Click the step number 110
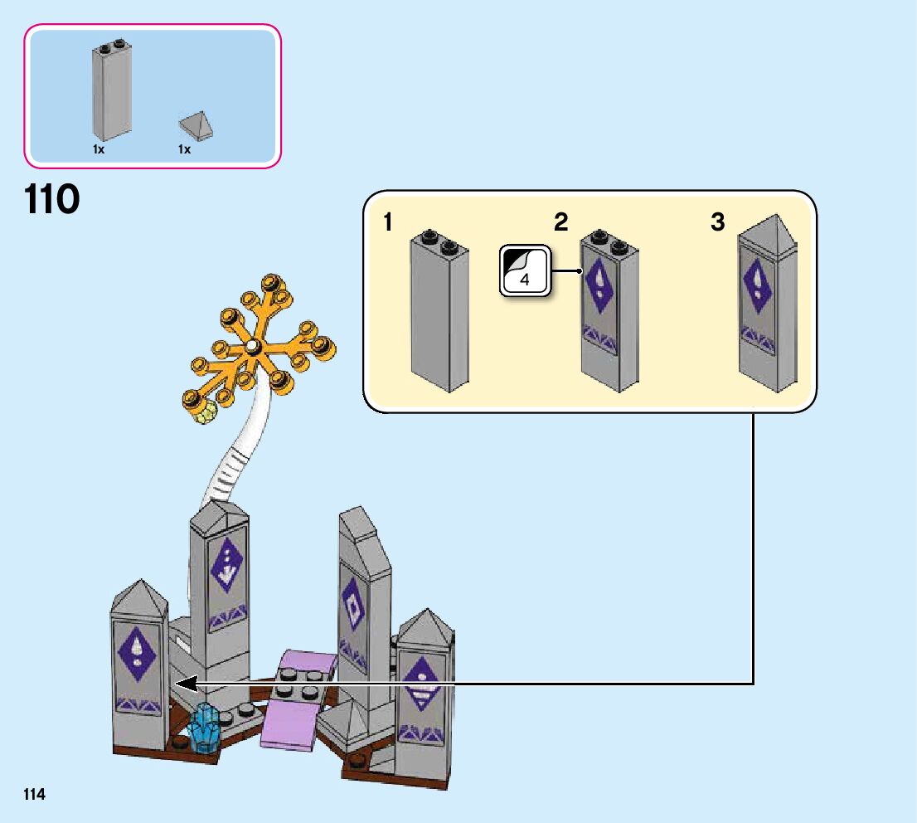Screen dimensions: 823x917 click(x=52, y=200)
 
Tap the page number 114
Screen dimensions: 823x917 click(x=34, y=795)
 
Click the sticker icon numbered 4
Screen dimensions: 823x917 click(x=524, y=270)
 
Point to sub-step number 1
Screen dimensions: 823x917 click(x=388, y=222)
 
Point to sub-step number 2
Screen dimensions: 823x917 click(x=561, y=222)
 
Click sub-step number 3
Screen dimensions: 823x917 click(x=718, y=222)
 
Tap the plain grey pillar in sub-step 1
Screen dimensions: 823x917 click(x=439, y=315)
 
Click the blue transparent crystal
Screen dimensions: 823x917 click(x=204, y=728)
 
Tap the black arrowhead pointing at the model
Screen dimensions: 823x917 click(x=184, y=684)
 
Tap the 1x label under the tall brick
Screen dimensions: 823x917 click(x=99, y=149)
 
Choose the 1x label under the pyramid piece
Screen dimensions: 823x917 click(x=184, y=149)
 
